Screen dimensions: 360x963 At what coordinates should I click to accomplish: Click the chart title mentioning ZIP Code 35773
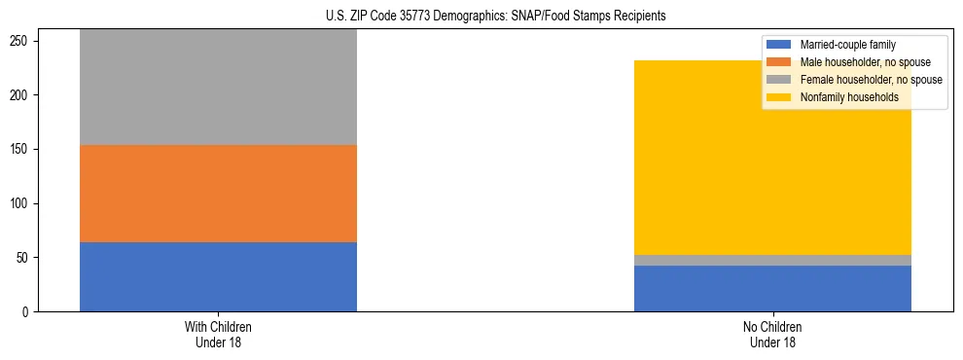click(496, 17)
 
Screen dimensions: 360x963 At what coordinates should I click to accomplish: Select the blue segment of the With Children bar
click(218, 276)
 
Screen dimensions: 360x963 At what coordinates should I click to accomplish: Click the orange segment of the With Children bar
click(218, 194)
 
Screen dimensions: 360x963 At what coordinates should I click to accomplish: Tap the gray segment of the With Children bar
click(218, 88)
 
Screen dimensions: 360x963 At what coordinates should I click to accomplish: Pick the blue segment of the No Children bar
click(772, 288)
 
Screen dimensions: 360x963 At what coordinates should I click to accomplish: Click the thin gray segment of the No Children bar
click(772, 260)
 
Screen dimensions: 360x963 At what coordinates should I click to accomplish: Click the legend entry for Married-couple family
click(847, 45)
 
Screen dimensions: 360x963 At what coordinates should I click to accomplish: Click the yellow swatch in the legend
click(779, 97)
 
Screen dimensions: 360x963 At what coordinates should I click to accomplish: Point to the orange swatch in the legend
click(779, 62)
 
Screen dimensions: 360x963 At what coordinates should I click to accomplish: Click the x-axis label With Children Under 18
click(218, 334)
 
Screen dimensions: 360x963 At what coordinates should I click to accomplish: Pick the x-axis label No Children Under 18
click(772, 334)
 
